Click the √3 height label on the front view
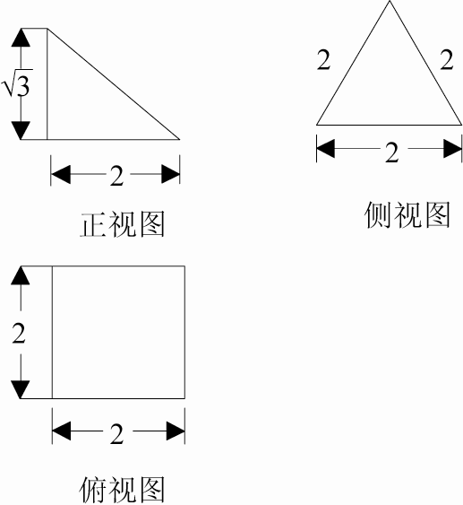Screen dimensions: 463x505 click(17, 83)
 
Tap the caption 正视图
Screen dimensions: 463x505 click(123, 224)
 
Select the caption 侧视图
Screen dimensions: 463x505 click(407, 214)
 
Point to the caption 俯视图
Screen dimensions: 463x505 click(122, 490)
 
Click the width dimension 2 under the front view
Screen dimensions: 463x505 click(116, 176)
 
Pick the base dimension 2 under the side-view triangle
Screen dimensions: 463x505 click(391, 152)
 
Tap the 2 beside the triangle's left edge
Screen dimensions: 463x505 click(323, 60)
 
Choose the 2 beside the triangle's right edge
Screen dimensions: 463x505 click(447, 60)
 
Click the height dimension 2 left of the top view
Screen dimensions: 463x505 click(19, 333)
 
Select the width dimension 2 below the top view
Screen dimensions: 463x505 click(116, 434)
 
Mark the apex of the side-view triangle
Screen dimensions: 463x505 click(390, 1)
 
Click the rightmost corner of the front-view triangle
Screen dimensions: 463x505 click(179, 139)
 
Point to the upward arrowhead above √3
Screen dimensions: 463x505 click(21, 38)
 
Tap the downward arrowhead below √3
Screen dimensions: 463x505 click(21, 130)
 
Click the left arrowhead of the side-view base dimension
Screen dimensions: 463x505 click(326, 149)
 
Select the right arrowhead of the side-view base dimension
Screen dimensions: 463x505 click(453, 149)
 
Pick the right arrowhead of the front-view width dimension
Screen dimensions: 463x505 click(170, 174)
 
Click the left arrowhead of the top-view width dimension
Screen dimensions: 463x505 click(62, 431)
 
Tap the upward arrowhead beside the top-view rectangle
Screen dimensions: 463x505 click(21, 275)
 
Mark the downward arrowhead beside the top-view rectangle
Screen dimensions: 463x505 click(21, 389)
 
